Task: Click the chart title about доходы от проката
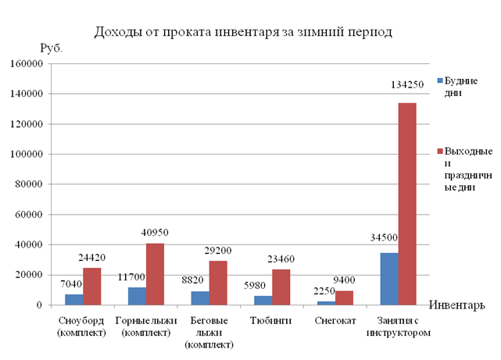pyautogui.click(x=243, y=32)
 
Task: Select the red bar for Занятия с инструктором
pyautogui.click(x=407, y=204)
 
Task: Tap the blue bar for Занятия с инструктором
pyautogui.click(x=388, y=279)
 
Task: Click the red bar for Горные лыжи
pyautogui.click(x=155, y=274)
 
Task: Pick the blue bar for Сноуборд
pyautogui.click(x=73, y=299)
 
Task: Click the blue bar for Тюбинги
pyautogui.click(x=262, y=300)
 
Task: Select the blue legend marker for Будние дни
pyautogui.click(x=440, y=80)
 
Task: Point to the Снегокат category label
pyautogui.click(x=335, y=321)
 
